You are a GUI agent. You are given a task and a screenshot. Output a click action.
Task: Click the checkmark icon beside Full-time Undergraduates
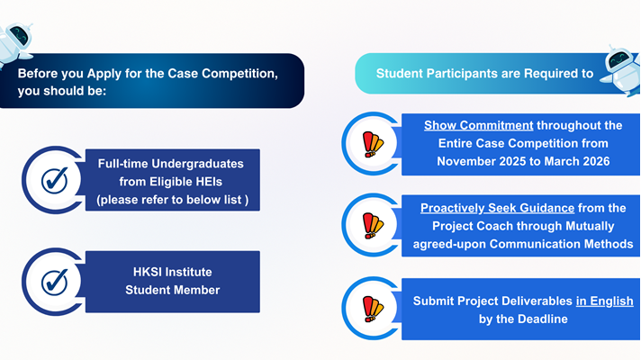(55, 180)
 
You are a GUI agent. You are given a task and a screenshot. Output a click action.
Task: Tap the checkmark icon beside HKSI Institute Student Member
(55, 282)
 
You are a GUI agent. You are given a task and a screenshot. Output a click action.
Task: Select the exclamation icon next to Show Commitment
(373, 144)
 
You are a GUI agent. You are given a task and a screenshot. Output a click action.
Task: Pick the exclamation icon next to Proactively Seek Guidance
(373, 226)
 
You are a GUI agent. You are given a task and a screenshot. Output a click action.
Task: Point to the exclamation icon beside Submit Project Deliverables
(373, 309)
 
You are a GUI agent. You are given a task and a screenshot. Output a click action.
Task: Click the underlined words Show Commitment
(478, 125)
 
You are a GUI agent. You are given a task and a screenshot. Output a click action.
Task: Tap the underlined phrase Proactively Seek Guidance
(497, 208)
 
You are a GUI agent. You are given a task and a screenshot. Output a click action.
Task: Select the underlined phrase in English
(605, 301)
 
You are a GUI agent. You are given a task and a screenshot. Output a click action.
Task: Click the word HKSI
(147, 272)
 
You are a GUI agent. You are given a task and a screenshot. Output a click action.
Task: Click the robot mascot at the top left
(14, 44)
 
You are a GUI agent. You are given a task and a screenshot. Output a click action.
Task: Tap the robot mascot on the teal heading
(621, 70)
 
